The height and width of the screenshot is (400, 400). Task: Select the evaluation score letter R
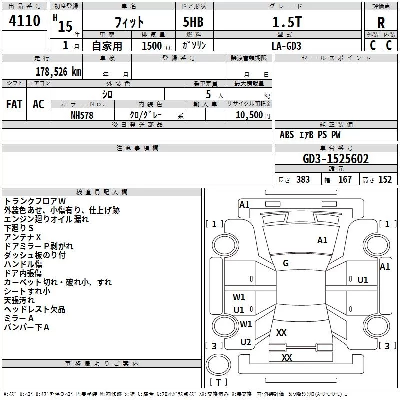tap(381, 23)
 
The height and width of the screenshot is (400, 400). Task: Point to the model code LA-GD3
tap(286, 45)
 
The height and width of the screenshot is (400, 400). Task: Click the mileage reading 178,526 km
tap(58, 71)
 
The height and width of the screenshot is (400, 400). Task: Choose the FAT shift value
tap(14, 104)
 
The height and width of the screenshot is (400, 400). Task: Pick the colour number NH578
tap(82, 115)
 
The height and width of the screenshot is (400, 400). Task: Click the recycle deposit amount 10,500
tap(248, 115)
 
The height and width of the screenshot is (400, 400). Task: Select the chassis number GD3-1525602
tap(336, 159)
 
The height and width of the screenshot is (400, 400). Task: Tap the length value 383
tap(303, 180)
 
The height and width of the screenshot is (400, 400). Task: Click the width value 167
tap(345, 180)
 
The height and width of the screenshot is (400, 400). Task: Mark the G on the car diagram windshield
tap(286, 263)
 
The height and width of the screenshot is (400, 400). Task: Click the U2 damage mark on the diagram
tap(246, 342)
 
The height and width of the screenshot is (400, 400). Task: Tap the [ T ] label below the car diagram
tap(218, 382)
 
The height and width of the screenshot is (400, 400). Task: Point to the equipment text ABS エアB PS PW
tap(310, 135)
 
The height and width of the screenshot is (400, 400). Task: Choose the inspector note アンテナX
tap(22, 237)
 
